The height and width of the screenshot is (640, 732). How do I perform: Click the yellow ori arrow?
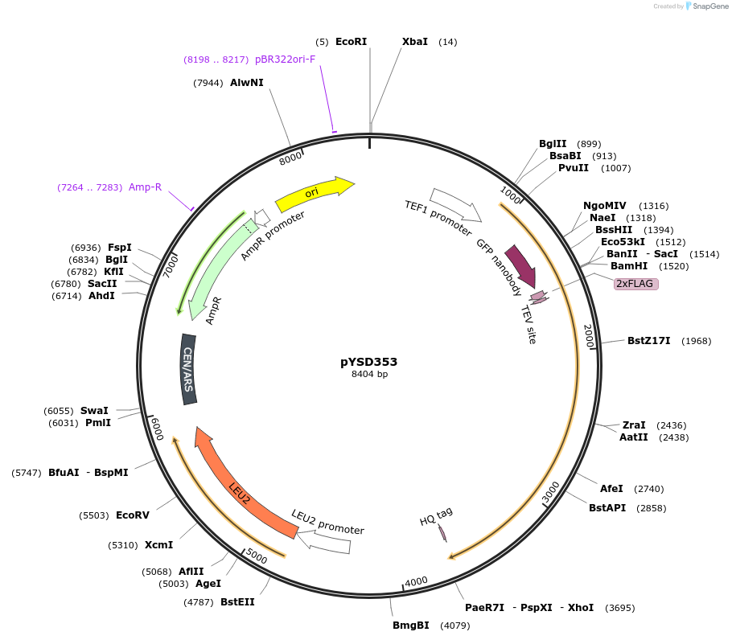click(x=314, y=193)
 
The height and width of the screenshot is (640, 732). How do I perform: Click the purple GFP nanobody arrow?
click(x=520, y=266)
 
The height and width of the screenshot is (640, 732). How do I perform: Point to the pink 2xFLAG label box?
click(x=635, y=284)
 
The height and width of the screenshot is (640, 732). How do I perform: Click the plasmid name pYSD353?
click(x=368, y=362)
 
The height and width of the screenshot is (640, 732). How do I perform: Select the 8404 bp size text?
click(x=369, y=375)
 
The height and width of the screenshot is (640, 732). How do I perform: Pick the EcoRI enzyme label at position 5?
click(x=351, y=42)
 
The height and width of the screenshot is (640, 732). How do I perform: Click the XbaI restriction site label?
click(x=415, y=42)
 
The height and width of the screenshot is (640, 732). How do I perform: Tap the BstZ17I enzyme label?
click(x=648, y=341)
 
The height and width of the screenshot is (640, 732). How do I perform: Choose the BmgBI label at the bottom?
click(x=410, y=625)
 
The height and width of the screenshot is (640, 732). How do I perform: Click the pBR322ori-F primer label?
click(x=285, y=59)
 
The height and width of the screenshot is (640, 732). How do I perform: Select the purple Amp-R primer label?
click(x=145, y=187)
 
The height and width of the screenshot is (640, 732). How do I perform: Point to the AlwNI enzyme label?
click(x=246, y=83)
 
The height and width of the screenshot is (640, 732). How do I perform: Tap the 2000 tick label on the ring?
click(x=589, y=336)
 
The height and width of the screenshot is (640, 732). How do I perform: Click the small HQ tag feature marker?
click(x=442, y=533)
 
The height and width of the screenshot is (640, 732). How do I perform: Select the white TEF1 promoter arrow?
click(x=455, y=205)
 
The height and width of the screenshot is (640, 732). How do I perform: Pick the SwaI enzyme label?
click(x=94, y=410)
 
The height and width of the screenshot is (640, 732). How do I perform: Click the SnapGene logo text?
click(x=708, y=6)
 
